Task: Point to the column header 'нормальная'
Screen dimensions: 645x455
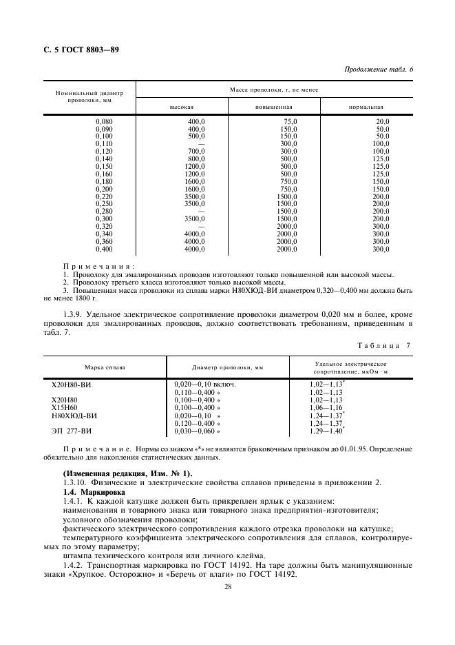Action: point(366,107)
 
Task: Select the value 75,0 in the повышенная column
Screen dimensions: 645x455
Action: point(289,121)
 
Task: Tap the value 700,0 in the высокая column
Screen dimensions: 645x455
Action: point(197,151)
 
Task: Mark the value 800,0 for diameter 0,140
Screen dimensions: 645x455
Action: point(197,158)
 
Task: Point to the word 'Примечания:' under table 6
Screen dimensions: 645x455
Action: point(89,266)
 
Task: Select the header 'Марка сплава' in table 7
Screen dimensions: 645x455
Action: point(105,367)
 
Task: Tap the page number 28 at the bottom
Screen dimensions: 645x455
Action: point(227,586)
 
